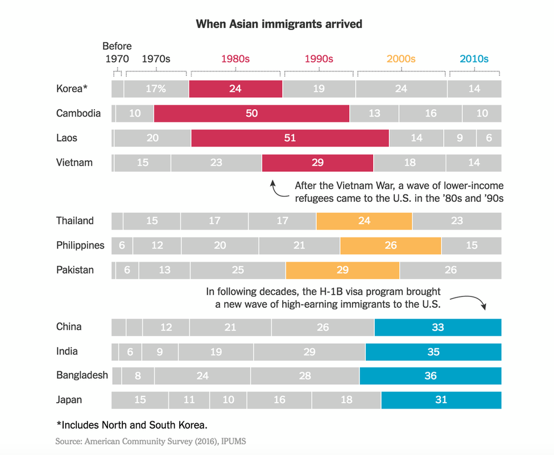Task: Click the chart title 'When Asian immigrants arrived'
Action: pos(279,24)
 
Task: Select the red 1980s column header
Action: pos(235,59)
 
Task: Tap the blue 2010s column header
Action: pos(474,59)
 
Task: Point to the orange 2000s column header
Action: pos(401,59)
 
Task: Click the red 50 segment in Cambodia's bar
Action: pos(251,113)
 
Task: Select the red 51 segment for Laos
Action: pos(290,138)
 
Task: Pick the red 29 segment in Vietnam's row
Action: pos(317,163)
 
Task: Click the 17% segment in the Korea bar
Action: pos(156,89)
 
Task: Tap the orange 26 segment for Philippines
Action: pos(390,246)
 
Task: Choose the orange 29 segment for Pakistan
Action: pos(342,270)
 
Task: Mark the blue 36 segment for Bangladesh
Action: pos(430,376)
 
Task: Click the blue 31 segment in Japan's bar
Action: pos(441,400)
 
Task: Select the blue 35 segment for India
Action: pos(433,351)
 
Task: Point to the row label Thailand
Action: pos(75,221)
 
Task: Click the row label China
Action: pos(69,326)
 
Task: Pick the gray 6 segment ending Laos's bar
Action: pos(489,138)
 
